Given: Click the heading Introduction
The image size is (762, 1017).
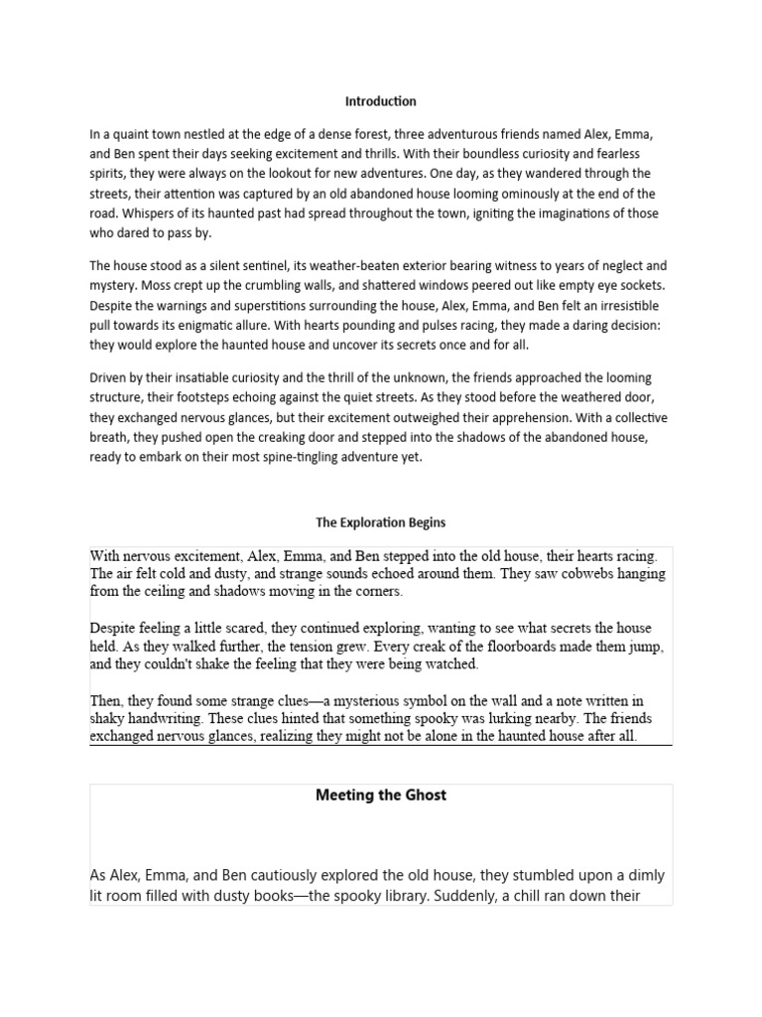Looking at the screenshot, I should tap(380, 101).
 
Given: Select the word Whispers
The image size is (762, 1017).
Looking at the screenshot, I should tap(128, 214).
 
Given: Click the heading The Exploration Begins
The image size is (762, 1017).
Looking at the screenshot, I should tap(380, 522).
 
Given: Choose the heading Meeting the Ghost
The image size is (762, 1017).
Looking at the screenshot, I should tap(380, 796).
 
